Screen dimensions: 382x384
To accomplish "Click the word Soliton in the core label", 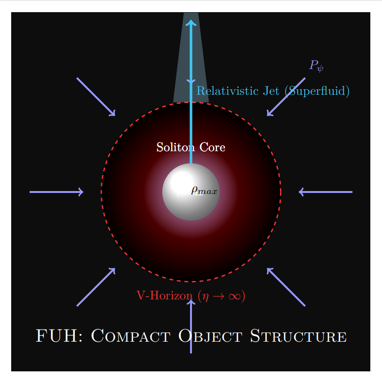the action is tap(175, 147).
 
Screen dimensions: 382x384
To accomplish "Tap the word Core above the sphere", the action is tap(212, 147).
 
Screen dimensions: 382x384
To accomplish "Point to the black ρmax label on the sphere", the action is tap(204, 191).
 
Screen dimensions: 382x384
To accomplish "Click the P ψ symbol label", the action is tap(316, 66).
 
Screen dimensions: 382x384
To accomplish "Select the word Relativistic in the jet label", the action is tap(227, 91).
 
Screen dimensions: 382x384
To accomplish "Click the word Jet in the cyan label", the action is tap(271, 91).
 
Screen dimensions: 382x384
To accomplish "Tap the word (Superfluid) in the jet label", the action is tap(317, 91).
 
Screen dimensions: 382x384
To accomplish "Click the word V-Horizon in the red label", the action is tap(165, 296).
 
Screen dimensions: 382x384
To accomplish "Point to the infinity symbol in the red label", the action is tap(235, 297).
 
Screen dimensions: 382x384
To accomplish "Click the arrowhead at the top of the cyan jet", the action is tap(191, 23).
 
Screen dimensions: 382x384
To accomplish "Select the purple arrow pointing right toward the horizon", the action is tap(56, 192).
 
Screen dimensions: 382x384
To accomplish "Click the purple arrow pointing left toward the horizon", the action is tap(326, 192).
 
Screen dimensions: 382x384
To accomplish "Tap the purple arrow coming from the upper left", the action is tap(96, 97).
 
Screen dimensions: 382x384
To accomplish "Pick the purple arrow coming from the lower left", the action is tap(96, 287).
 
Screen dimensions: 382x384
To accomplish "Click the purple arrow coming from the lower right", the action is tap(286, 287).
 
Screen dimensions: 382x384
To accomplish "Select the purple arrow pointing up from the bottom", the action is tap(191, 327).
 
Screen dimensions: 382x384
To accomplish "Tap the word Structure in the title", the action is tap(298, 336).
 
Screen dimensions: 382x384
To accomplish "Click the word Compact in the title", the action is tap(131, 336).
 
